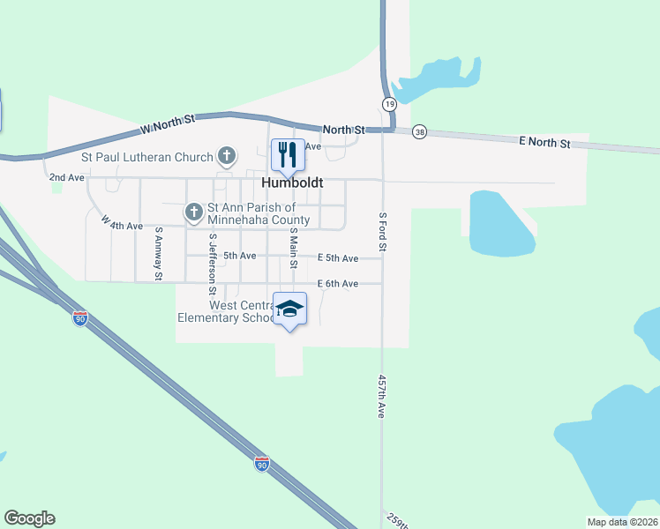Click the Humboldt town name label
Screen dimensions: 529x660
pos(293,183)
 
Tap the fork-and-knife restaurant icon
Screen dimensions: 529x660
pos(287,155)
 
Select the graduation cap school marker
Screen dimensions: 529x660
pos(289,309)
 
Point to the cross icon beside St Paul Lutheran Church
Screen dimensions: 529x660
pos(227,157)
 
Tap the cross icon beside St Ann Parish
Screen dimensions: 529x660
pos(194,212)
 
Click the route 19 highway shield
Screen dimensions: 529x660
pos(389,104)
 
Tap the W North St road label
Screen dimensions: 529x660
pos(172,124)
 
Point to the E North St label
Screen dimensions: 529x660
pos(544,142)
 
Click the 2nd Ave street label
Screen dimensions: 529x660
pos(67,177)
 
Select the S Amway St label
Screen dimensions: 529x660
pos(159,254)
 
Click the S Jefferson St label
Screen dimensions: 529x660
pos(213,264)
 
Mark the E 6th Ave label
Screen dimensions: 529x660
pos(338,283)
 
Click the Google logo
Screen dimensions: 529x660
pos(30,518)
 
